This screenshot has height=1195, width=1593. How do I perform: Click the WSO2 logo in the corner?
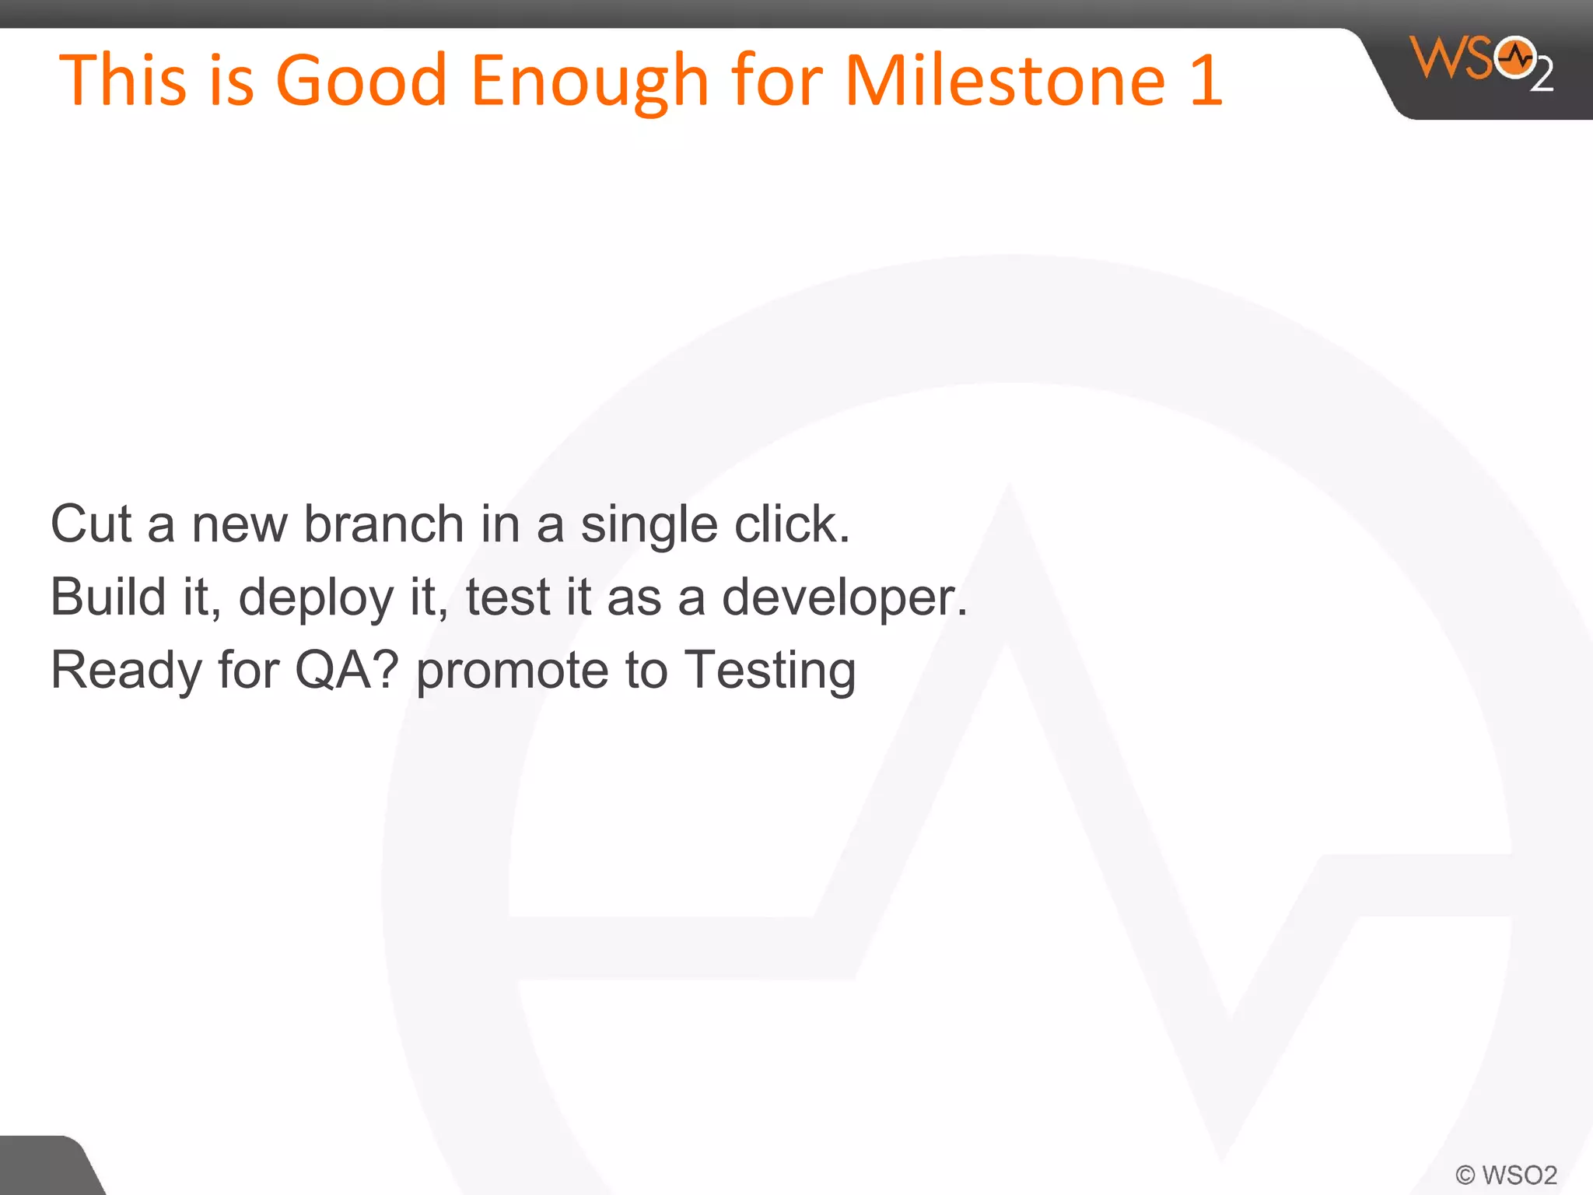[x=1481, y=62]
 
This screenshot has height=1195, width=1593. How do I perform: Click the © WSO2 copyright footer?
[x=1506, y=1174]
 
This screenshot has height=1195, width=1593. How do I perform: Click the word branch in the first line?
[x=383, y=524]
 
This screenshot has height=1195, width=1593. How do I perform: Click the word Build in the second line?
[x=108, y=597]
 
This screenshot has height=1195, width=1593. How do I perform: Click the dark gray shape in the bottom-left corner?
[x=43, y=1167]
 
